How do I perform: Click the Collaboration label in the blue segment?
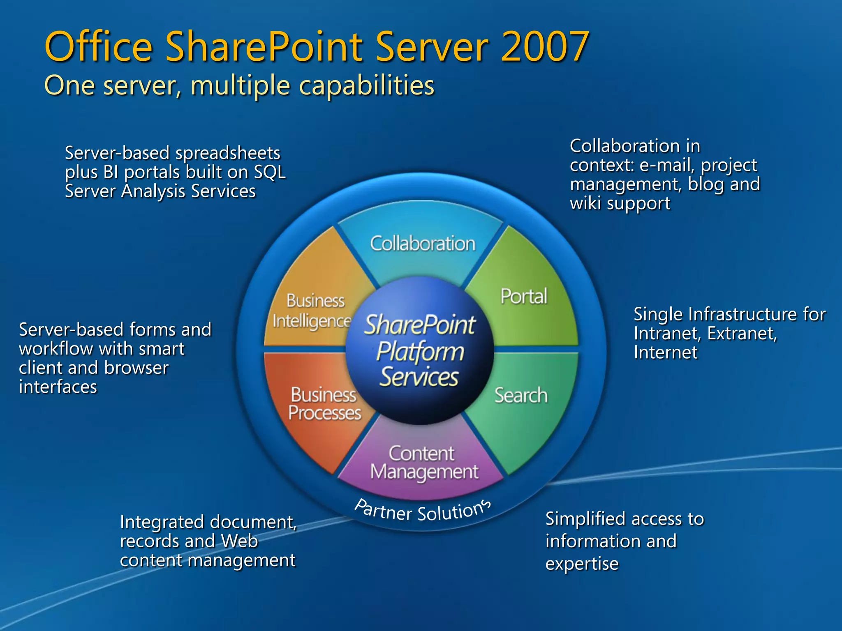coord(422,244)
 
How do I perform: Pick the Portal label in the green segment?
coord(523,296)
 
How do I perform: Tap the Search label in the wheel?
coord(520,395)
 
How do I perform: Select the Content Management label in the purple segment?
coord(423,463)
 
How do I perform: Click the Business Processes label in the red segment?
coord(324,403)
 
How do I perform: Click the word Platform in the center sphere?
coord(420,352)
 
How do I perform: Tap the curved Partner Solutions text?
coord(422,511)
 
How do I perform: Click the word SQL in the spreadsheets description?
coord(270,172)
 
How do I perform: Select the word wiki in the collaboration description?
coord(585,203)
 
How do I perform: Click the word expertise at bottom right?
coord(581,563)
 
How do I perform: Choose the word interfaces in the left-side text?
coord(58,387)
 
